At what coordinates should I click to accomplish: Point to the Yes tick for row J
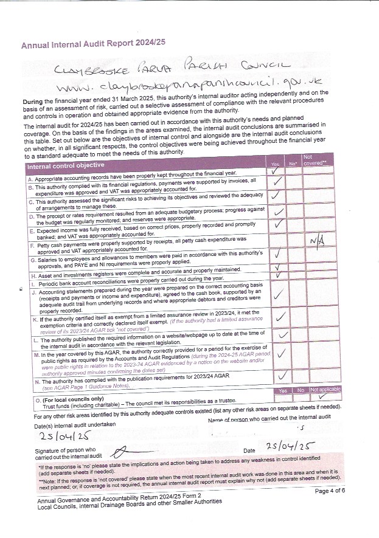point(278,295)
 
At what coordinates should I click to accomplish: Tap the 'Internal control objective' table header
point(66,165)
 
